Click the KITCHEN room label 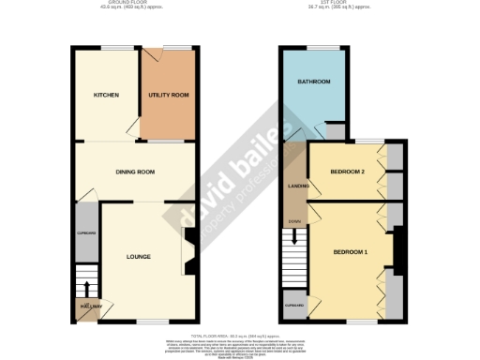(x=105, y=96)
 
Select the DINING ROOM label (x=135, y=172)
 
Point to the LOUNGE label (x=138, y=255)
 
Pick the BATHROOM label (x=314, y=82)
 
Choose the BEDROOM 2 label (x=347, y=172)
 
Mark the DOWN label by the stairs (x=294, y=221)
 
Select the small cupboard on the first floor (x=295, y=305)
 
